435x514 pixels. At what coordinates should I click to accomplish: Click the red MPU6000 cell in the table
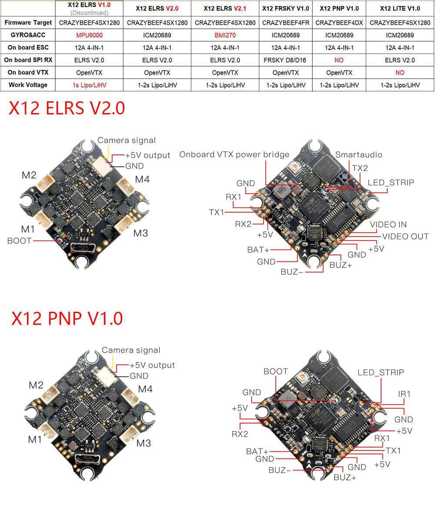pos(89,35)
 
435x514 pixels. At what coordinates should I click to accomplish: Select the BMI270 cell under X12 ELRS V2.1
pos(225,35)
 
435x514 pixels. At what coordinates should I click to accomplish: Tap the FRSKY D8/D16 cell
pos(285,60)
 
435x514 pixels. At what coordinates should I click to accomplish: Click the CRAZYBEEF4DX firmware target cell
pos(339,23)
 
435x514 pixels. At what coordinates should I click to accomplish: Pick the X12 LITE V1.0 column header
pos(400,9)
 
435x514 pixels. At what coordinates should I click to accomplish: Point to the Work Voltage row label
pos(28,85)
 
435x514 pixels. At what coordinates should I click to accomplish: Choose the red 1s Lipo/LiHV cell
pos(89,85)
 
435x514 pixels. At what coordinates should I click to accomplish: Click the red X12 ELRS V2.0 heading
pos(67,108)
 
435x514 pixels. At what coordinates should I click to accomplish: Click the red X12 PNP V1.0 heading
pos(67,318)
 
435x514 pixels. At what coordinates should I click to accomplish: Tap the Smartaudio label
pos(358,154)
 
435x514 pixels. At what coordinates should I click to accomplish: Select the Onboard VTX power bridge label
pos(234,154)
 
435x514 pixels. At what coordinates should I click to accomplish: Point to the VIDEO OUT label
pos(405,237)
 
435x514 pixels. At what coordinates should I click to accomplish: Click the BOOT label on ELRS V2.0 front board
pos(19,240)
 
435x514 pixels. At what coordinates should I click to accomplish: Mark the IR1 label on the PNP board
pos(404,394)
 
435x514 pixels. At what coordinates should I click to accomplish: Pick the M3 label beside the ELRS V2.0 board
pos(141,233)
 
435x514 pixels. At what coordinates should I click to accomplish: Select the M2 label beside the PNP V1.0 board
pos(36,385)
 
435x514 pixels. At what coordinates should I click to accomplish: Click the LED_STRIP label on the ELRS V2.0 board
pos(391,182)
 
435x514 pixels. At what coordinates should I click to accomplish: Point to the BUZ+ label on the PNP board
pos(345,477)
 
